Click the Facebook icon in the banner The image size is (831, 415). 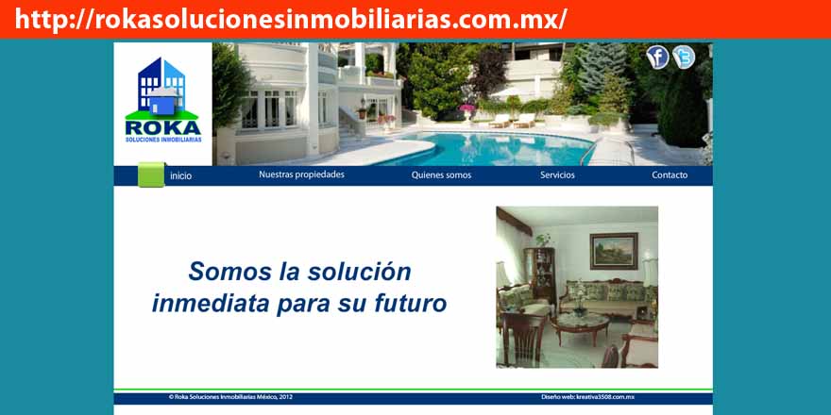(x=657, y=58)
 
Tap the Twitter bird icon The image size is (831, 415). (x=684, y=58)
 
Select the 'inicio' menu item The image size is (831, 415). (x=180, y=175)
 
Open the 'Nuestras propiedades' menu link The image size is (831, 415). (x=301, y=174)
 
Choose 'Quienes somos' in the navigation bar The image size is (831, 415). (x=441, y=175)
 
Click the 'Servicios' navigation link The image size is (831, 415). (x=557, y=175)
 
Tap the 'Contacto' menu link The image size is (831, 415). (x=670, y=175)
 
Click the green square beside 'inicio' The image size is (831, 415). (x=152, y=174)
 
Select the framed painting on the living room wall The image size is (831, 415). (x=614, y=251)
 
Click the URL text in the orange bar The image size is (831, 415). (x=291, y=20)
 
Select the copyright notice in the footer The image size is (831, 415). (x=230, y=397)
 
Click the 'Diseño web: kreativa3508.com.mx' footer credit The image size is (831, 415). (x=587, y=397)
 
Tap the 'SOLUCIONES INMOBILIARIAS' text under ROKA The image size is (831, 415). (x=163, y=140)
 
